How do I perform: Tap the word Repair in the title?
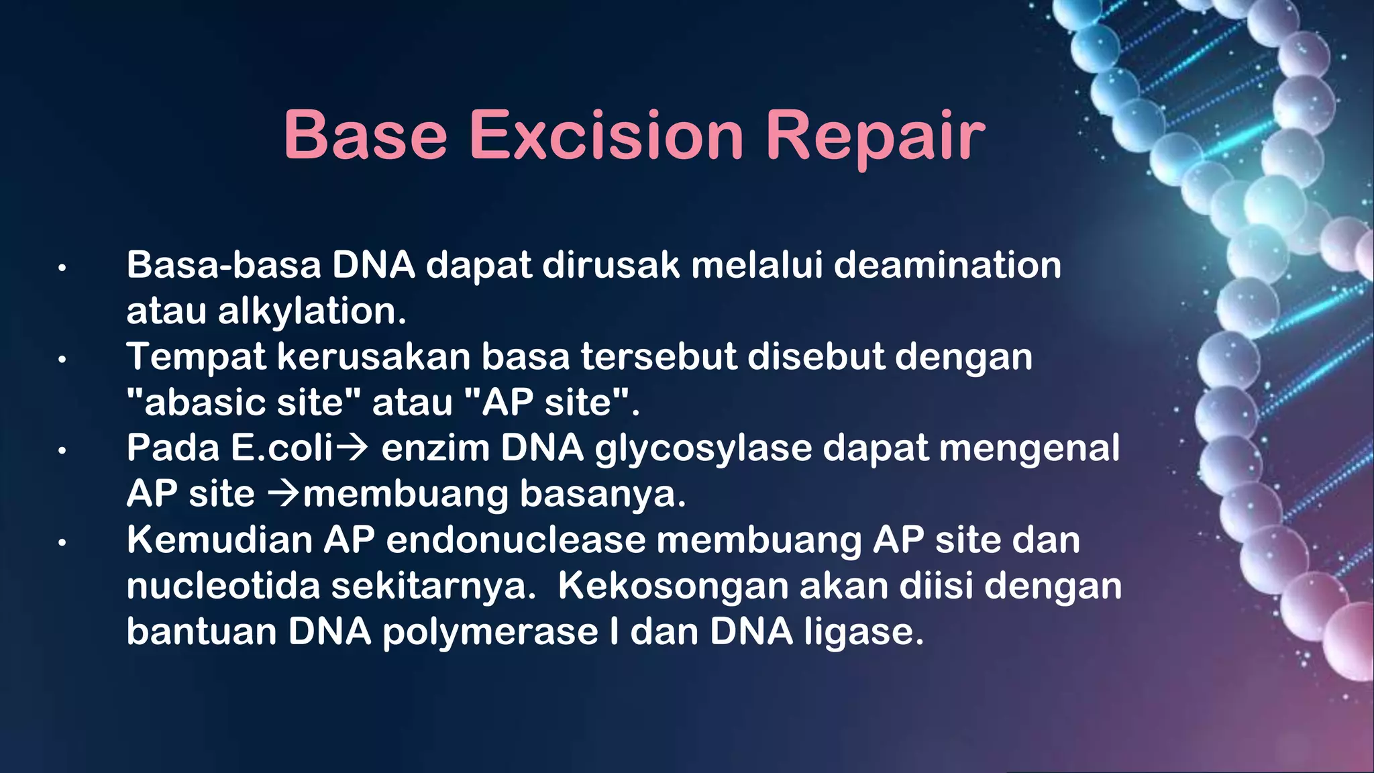(x=876, y=136)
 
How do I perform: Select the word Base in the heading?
(x=365, y=136)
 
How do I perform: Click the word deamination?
(x=947, y=265)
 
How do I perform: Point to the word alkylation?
(x=312, y=311)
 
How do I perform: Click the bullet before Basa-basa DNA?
(x=62, y=268)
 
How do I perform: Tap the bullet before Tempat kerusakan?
(x=62, y=360)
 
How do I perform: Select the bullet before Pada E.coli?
(x=62, y=451)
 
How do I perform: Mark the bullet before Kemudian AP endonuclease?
(x=62, y=542)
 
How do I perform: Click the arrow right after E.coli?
(x=352, y=448)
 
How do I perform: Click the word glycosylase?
(x=703, y=448)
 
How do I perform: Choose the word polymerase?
(x=490, y=632)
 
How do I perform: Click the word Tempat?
(x=196, y=356)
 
